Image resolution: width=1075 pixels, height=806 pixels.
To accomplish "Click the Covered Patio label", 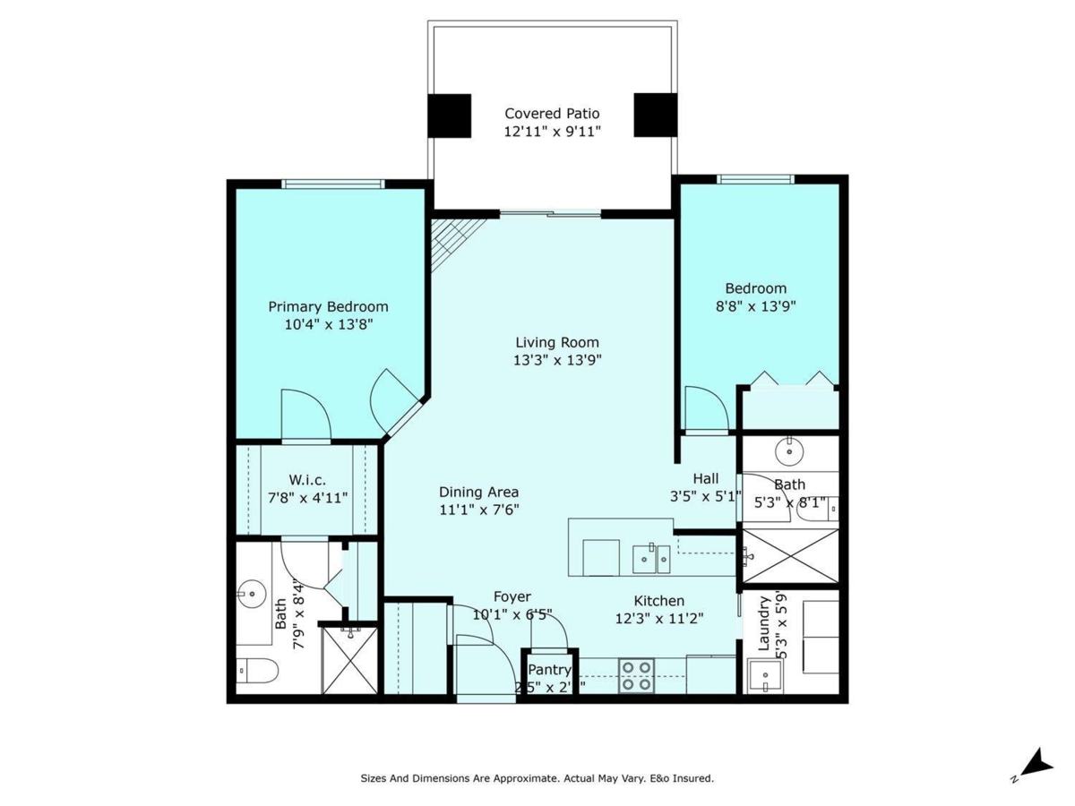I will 552,114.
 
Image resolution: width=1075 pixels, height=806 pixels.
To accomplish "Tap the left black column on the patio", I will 449,116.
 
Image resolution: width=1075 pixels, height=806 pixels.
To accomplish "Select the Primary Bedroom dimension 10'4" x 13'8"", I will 328,324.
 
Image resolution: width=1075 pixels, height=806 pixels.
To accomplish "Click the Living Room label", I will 557,342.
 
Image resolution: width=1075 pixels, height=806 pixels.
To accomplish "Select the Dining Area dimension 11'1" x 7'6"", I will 479,510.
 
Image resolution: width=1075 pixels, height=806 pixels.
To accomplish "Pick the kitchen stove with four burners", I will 636,675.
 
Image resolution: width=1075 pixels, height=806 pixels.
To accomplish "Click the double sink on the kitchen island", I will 651,558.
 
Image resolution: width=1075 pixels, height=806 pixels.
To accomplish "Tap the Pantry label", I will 549,670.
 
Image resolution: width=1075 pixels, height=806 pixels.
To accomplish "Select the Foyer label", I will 512,596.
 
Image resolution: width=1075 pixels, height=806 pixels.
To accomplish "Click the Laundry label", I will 764,624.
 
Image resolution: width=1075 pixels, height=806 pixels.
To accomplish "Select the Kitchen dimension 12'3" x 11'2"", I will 659,618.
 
